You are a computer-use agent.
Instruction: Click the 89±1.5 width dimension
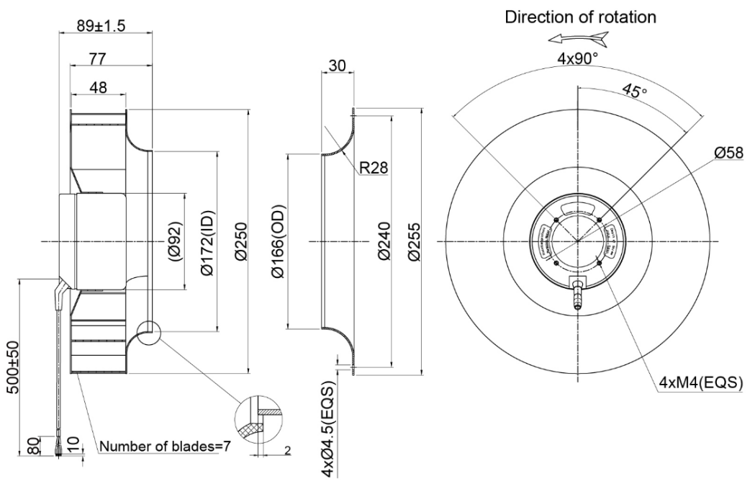101,26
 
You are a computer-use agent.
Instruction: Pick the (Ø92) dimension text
176,241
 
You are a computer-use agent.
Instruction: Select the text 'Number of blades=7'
165,447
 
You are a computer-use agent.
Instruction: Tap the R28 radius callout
374,169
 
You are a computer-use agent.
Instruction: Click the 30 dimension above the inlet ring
337,66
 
